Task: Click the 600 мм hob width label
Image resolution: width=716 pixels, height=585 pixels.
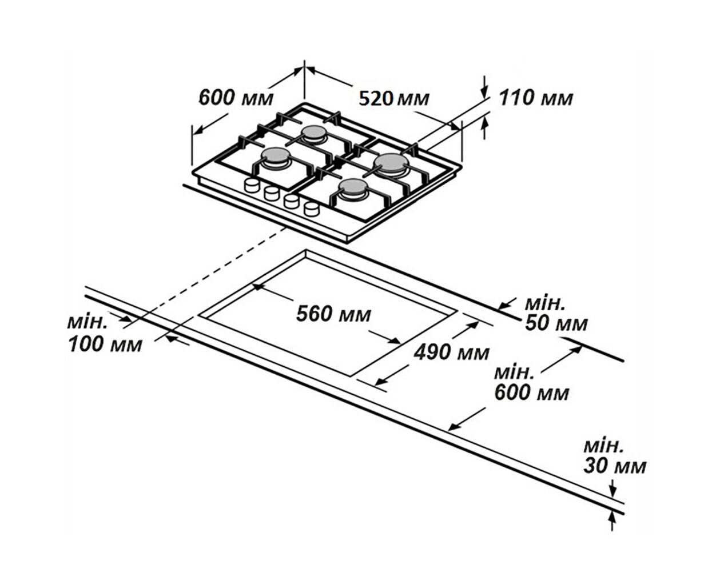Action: tap(236, 97)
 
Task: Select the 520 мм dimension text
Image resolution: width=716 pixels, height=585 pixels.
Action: tap(394, 99)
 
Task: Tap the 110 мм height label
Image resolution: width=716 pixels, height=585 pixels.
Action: tap(536, 98)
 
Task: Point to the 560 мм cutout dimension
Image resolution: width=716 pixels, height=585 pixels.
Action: tap(333, 314)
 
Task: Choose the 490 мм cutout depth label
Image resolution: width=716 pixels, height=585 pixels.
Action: tap(452, 352)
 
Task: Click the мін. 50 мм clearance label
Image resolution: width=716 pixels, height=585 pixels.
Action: tap(556, 314)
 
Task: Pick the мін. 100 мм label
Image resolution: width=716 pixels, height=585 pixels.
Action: tap(105, 334)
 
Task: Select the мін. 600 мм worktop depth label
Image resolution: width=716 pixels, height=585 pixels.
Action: tap(531, 383)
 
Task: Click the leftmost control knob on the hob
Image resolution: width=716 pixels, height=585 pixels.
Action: tap(252, 186)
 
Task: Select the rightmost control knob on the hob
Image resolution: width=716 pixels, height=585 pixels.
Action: tap(312, 209)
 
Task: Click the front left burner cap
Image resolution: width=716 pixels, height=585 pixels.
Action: tap(275, 155)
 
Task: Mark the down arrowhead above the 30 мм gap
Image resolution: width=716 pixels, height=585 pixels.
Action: tap(613, 499)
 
